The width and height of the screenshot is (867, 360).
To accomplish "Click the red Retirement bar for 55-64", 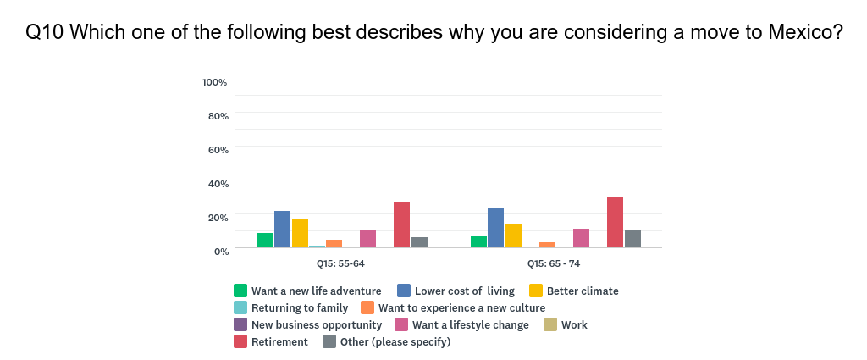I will [401, 225].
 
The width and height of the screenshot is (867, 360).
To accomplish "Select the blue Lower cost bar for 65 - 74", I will [495, 228].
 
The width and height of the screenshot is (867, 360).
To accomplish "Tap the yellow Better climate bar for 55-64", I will [300, 233].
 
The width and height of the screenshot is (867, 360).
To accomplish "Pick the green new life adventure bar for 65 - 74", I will [478, 242].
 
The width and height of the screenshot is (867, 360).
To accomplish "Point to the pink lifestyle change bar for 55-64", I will [367, 239].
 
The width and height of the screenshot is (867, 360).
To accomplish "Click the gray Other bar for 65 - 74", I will [632, 239].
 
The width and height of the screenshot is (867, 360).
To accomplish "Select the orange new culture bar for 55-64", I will [334, 244].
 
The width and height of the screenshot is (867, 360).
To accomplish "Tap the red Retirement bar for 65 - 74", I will [616, 223].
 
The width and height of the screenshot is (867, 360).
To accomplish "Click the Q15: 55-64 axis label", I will [340, 264].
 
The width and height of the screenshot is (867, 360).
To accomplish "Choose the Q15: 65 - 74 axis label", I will [554, 264].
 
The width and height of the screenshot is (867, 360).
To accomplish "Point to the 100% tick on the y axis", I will [214, 82].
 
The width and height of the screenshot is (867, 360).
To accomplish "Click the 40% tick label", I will [217, 183].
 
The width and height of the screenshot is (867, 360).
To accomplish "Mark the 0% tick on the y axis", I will [220, 251].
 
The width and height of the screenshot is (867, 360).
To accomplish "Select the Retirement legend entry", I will [279, 342].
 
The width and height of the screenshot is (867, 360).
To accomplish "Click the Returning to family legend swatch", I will [240, 308].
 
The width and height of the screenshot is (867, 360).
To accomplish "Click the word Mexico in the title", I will [803, 33].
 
